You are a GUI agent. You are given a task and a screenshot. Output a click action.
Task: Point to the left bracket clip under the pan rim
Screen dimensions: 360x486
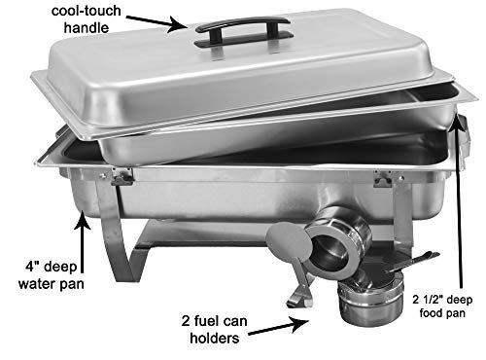pos(121,176)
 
